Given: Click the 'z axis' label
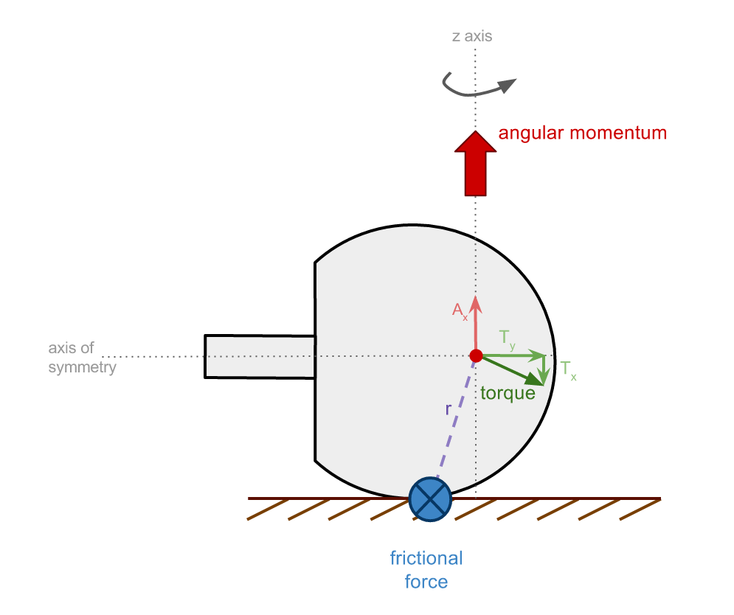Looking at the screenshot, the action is click(472, 36).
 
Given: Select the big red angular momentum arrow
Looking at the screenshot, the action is click(476, 164).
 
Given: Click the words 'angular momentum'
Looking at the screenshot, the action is click(582, 133).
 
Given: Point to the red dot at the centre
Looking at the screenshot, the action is click(476, 355).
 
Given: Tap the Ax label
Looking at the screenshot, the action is click(460, 310).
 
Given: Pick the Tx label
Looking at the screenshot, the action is click(568, 369).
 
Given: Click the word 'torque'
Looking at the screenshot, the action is click(508, 393).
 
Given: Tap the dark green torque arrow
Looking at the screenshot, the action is click(513, 371).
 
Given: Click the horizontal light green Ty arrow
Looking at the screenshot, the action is click(513, 355).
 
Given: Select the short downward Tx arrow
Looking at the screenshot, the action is click(544, 370).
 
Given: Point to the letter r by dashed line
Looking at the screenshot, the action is click(448, 409).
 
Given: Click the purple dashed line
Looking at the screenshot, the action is click(456, 419).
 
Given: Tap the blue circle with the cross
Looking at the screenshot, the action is click(430, 499).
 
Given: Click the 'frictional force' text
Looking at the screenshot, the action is click(426, 569).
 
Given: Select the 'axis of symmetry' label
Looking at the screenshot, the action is click(82, 357).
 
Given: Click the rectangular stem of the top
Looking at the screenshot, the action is click(260, 357).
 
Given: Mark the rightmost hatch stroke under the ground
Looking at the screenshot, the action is click(640, 510).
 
